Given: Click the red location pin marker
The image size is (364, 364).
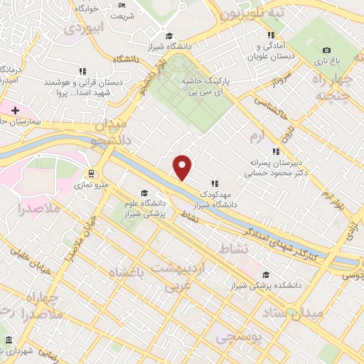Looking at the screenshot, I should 183,167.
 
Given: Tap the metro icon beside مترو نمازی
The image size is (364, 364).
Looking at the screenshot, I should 91,173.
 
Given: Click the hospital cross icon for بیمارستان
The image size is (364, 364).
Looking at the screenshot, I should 15,110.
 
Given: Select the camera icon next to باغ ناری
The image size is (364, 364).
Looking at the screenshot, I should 326,50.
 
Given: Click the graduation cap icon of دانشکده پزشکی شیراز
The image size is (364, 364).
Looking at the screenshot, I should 266,275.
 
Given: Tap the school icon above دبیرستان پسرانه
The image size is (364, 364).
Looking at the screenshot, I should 276,151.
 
